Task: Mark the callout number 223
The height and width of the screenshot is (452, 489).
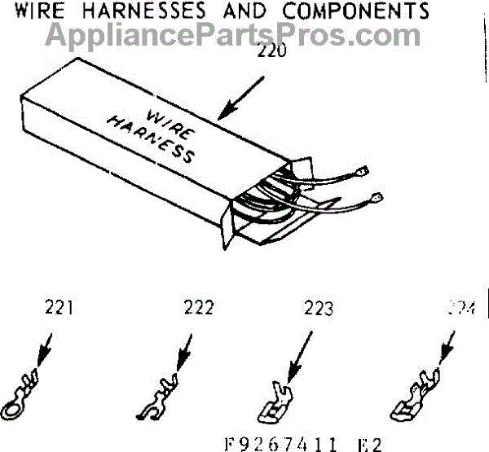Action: [317, 309]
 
